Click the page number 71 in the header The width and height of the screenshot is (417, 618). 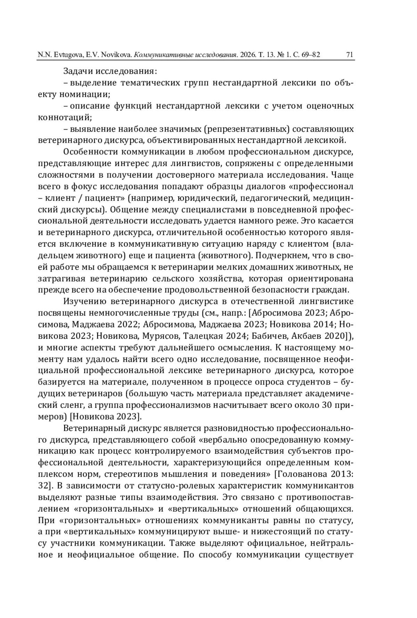(349, 55)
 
